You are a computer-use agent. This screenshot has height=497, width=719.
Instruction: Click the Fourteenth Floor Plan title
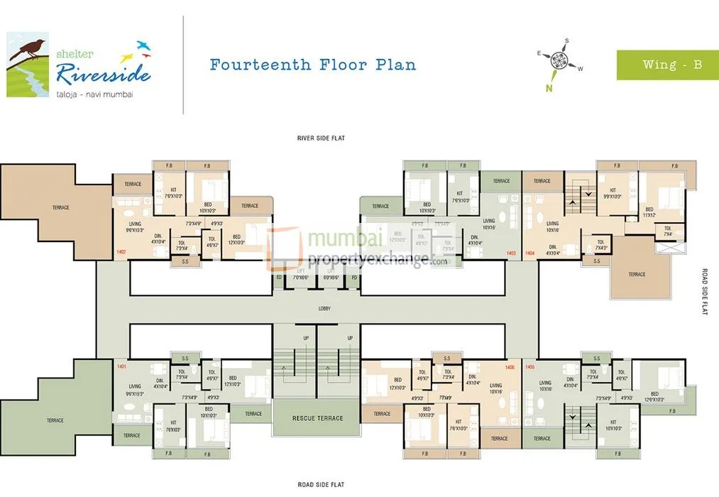tap(313, 65)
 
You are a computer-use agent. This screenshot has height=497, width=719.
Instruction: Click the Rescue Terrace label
tap(318, 418)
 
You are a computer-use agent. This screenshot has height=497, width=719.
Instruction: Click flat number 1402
tap(121, 251)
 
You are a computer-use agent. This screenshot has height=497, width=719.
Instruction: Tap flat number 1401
tap(121, 366)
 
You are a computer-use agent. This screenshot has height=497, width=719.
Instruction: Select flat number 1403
tap(510, 253)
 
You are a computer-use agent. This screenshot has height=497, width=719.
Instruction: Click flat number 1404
tap(529, 253)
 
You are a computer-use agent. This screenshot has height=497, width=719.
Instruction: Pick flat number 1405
tap(529, 366)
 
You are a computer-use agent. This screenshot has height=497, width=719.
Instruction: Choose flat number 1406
tap(509, 366)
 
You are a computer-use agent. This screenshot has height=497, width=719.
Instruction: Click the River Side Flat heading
tap(321, 138)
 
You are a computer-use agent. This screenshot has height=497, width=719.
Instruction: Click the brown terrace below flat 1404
tap(637, 273)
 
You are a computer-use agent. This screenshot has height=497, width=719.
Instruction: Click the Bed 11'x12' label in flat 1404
tap(649, 212)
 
